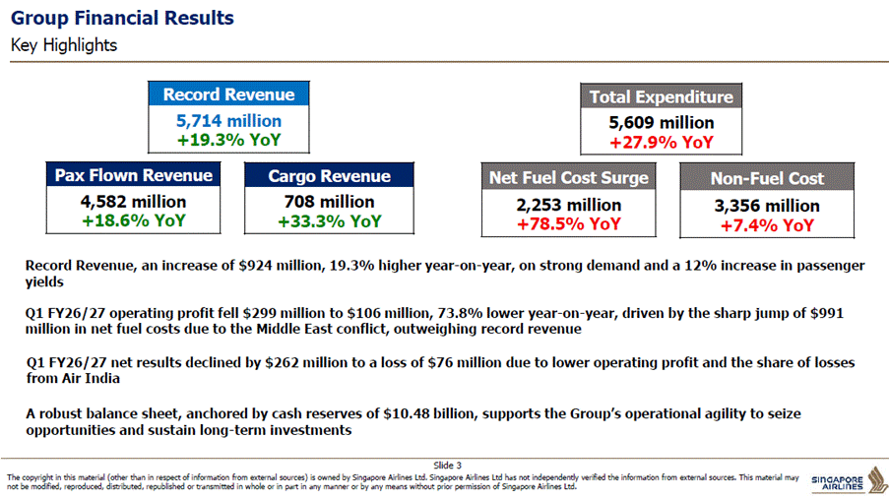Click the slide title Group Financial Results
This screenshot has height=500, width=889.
[122, 18]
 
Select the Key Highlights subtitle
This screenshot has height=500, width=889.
[63, 45]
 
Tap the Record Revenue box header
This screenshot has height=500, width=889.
[228, 94]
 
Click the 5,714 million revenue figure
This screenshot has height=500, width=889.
[228, 121]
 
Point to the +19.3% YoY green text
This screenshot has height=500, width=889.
[228, 140]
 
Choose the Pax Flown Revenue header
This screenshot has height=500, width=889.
[133, 175]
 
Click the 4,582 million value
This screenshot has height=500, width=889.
[133, 201]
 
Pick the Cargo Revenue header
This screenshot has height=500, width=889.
[329, 176]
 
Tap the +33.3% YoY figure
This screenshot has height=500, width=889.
[329, 221]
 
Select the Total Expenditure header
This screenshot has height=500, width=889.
[661, 96]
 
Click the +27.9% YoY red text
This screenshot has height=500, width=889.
[661, 143]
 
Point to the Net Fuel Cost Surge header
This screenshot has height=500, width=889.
[569, 177]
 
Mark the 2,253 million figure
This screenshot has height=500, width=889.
[569, 205]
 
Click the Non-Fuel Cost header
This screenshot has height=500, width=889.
[767, 178]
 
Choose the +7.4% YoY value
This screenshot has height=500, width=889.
[767, 225]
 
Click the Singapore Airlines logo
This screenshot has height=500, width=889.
[849, 480]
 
